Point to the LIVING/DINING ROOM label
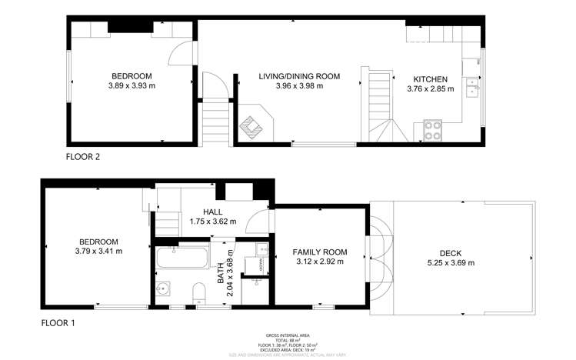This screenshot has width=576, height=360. [298, 76]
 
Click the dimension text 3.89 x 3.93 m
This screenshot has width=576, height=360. [131, 86]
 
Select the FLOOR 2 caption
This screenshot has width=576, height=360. [83, 156]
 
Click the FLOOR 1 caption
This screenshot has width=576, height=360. [58, 324]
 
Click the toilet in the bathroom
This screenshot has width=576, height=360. [198, 293]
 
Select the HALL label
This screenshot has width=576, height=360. [213, 211]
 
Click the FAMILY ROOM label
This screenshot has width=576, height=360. [319, 252]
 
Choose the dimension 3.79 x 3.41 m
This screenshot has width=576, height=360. [98, 251]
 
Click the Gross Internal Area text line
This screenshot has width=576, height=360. [287, 335]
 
